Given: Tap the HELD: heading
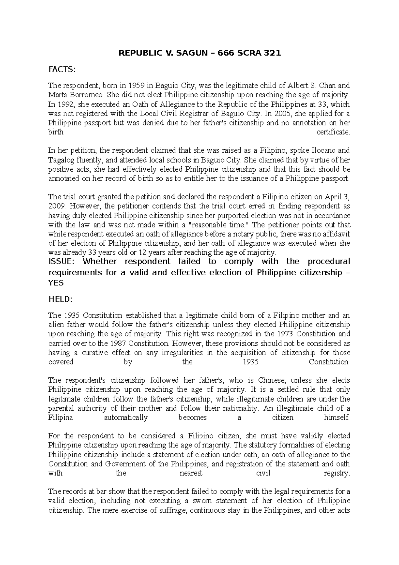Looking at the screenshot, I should click(60, 299).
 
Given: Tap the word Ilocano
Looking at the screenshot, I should click(322, 150).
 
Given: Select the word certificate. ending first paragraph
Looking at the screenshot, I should click(333, 132).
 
